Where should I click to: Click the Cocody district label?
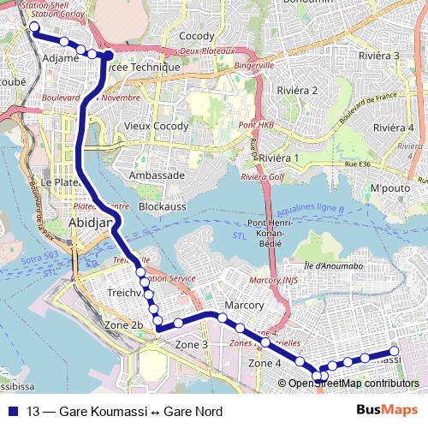tap(196, 36)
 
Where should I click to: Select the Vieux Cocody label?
tap(154, 126)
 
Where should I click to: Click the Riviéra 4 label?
tap(393, 128)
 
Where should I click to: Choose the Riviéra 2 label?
tap(298, 90)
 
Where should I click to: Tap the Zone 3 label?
tap(192, 344)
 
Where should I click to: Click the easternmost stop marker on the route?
tap(395, 351)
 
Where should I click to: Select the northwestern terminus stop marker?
tap(34, 27)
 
